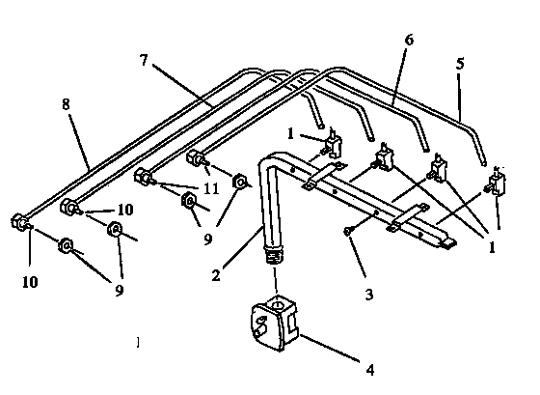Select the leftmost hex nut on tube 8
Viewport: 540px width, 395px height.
(19, 223)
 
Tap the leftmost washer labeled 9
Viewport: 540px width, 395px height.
(67, 246)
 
